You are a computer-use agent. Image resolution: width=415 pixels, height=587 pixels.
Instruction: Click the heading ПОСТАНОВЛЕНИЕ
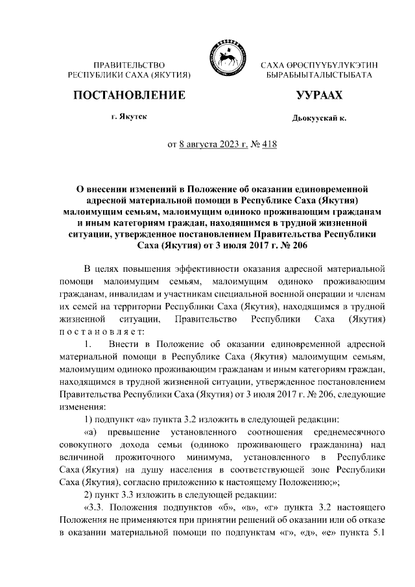(129, 95)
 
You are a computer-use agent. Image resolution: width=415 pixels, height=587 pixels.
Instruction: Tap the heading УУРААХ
(318, 95)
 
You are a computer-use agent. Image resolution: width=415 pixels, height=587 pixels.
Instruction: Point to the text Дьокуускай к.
(319, 119)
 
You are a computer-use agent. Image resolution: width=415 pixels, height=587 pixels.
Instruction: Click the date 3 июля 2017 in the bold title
(209, 246)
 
